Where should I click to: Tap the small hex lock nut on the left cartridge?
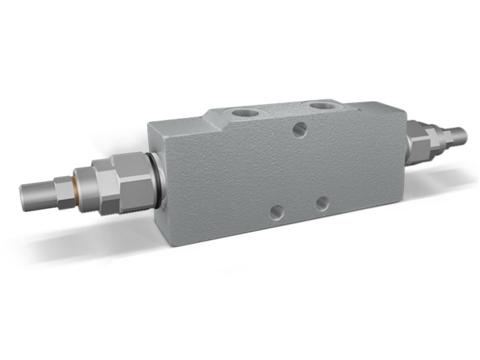click(62, 187)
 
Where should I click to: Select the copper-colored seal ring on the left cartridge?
click(76, 181)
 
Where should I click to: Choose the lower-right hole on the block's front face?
click(322, 203)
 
